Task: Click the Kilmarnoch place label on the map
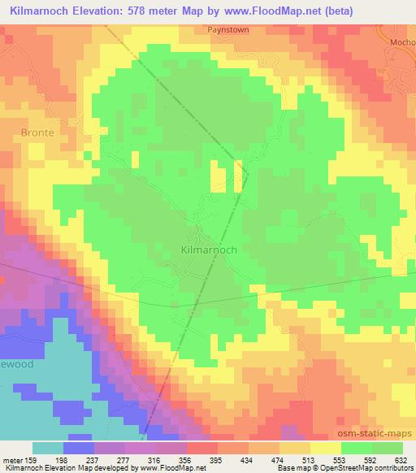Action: (x=208, y=250)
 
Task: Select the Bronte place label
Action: (x=37, y=132)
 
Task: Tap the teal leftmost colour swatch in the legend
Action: (x=48, y=449)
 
